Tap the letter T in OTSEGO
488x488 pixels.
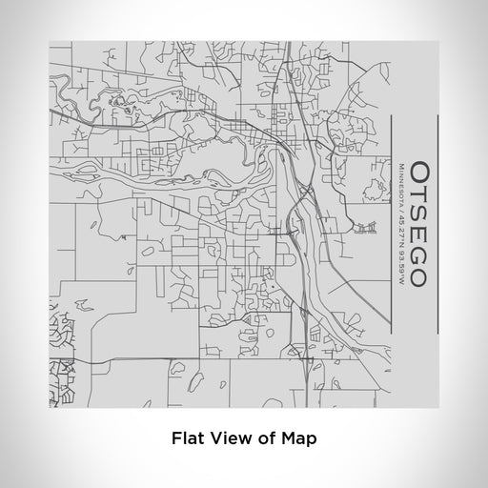tap(420, 193)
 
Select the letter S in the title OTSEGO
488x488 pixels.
tap(420, 213)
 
